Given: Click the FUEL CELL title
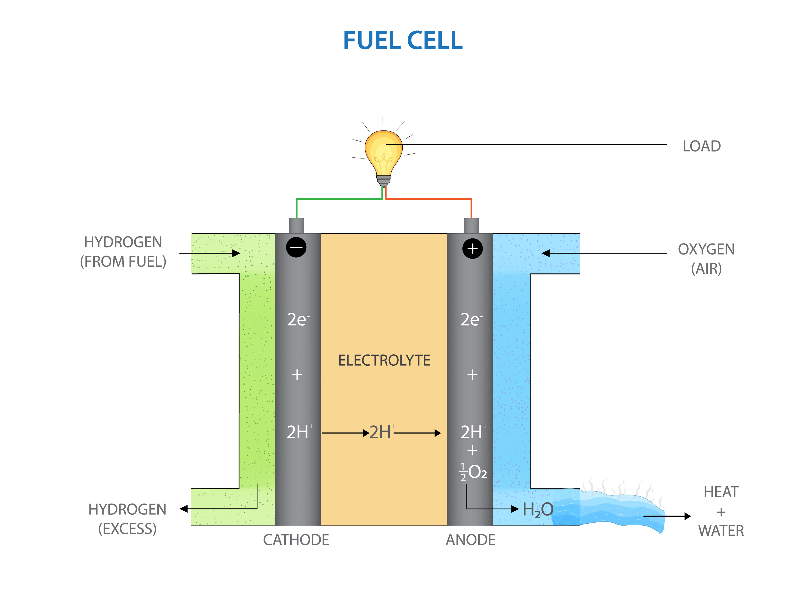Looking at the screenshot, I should coord(403,40).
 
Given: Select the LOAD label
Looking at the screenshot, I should coord(701,146).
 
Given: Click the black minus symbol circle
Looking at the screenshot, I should coord(296,247).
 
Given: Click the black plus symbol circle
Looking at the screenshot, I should coord(472,248).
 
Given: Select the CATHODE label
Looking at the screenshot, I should coord(296,540).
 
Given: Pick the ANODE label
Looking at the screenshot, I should coord(470,540).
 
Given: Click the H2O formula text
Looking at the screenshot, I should coord(537,509).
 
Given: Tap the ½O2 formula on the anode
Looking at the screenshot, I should coord(473,472).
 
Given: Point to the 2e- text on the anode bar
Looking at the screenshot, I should coord(471,319).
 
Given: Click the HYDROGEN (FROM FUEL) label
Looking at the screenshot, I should coord(123,252).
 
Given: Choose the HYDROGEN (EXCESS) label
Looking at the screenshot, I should coord(127,519).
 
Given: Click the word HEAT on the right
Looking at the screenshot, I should coord(721,492).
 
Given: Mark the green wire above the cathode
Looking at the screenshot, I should coord(337,199).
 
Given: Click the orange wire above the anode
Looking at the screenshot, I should coord(430,199).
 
